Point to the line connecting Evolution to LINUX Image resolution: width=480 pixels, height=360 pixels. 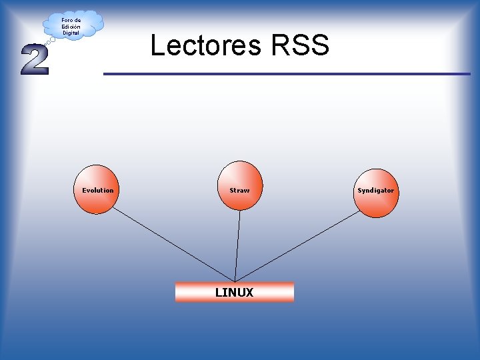pos(173,243)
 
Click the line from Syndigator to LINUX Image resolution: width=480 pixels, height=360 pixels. pos(300,244)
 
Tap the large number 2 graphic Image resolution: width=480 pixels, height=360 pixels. pos(34,60)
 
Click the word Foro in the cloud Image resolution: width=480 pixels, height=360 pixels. pos(67,20)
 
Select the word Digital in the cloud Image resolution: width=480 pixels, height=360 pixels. pos(71,33)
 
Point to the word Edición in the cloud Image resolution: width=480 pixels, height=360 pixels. pos(71,27)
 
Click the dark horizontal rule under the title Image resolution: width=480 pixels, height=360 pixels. pos(287,73)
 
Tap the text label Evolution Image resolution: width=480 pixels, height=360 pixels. pos(97,191)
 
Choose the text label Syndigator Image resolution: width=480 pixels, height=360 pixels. pos(375,191)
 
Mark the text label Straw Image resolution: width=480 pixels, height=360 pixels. pos(239,191)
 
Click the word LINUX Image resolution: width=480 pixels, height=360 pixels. pos(234,292)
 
